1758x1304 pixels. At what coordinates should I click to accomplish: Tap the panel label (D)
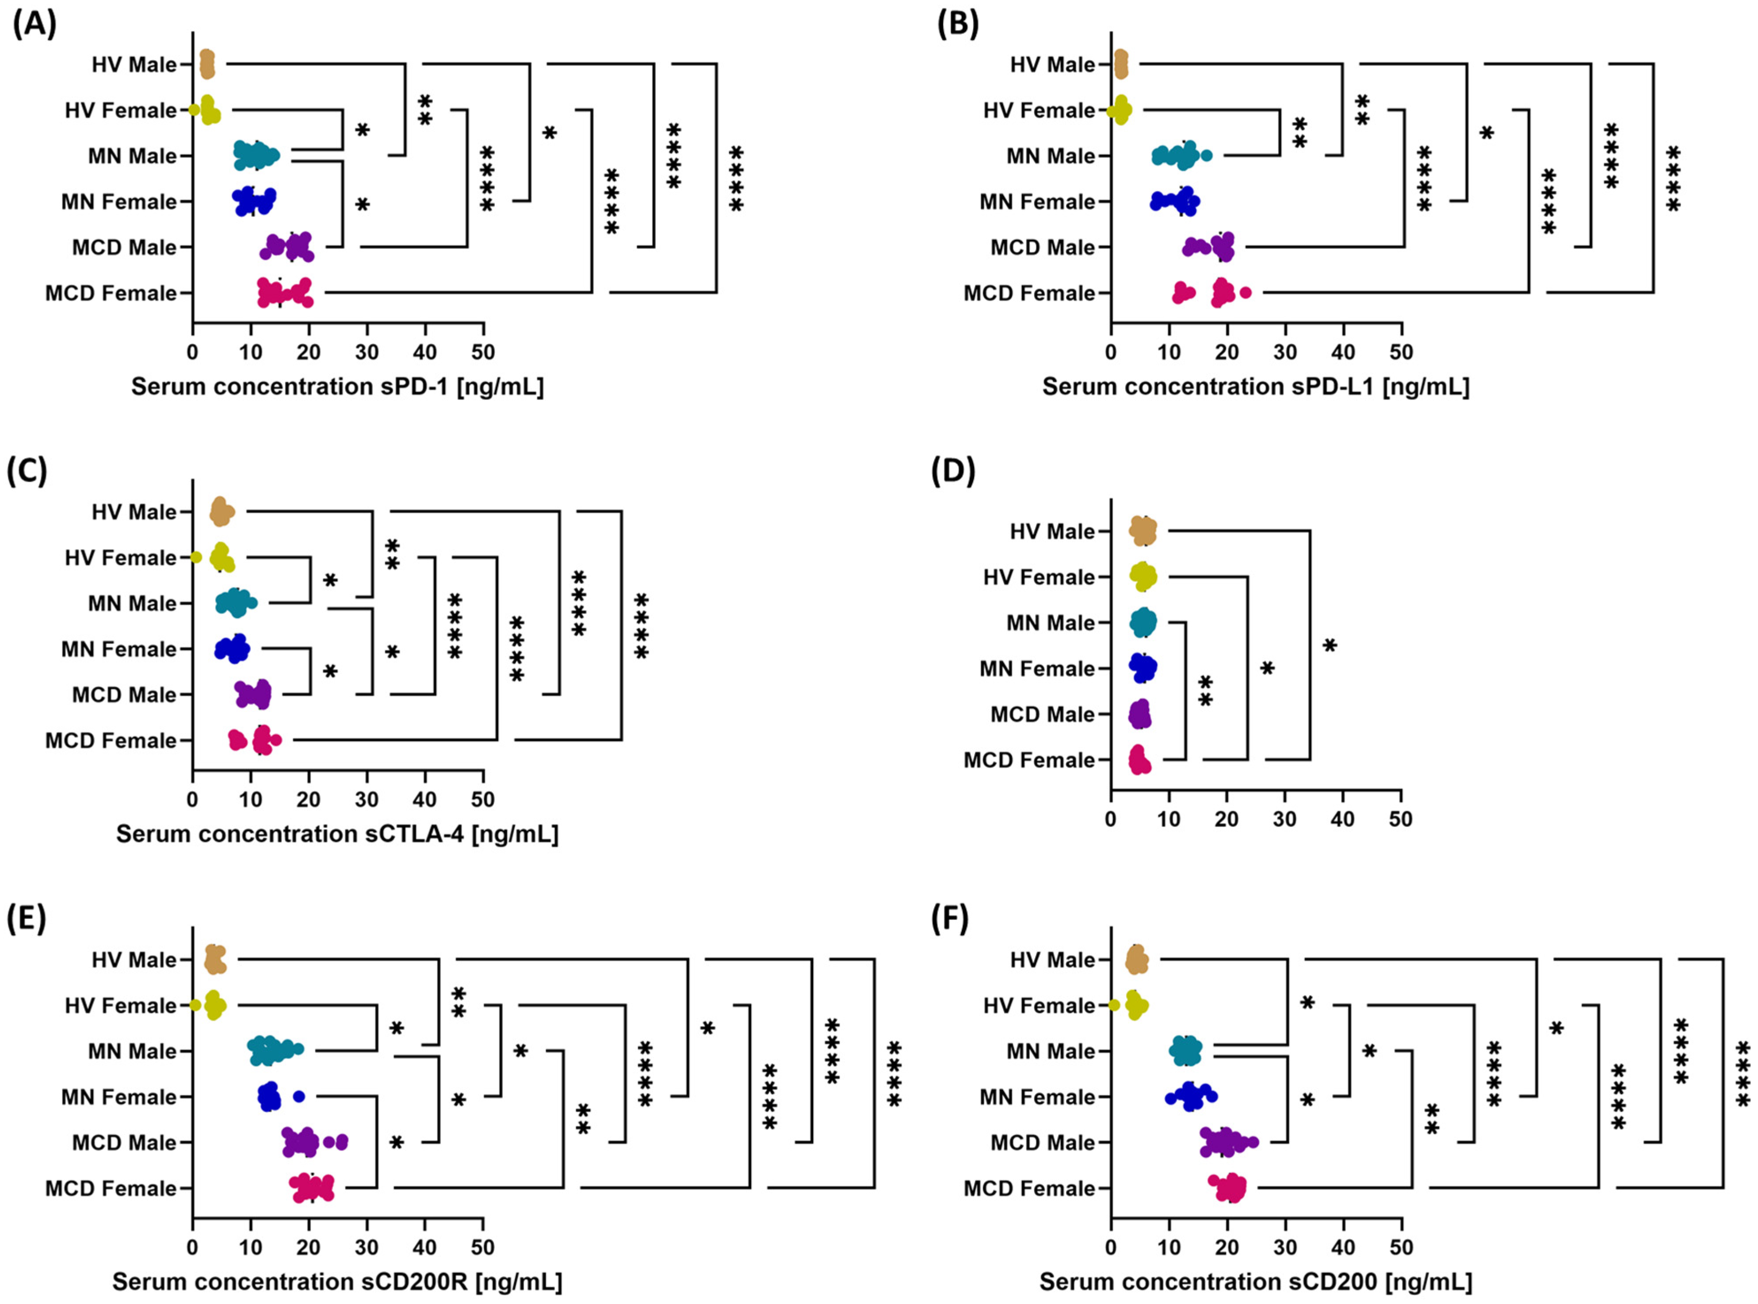click(953, 471)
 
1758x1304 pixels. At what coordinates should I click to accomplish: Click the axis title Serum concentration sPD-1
click(337, 387)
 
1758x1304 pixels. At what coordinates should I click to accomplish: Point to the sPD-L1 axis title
click(1255, 387)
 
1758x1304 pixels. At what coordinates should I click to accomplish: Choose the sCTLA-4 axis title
click(337, 835)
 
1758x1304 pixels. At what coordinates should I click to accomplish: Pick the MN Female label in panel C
click(118, 650)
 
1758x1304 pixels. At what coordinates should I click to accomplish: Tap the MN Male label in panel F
click(1050, 1052)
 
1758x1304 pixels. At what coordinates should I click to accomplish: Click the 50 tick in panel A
click(483, 352)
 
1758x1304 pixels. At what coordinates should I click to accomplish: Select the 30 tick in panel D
click(1284, 820)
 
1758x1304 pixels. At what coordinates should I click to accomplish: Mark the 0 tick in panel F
click(1111, 1248)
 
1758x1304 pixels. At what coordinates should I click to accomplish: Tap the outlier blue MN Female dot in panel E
click(298, 1096)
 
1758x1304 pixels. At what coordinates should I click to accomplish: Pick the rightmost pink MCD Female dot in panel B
click(1246, 293)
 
